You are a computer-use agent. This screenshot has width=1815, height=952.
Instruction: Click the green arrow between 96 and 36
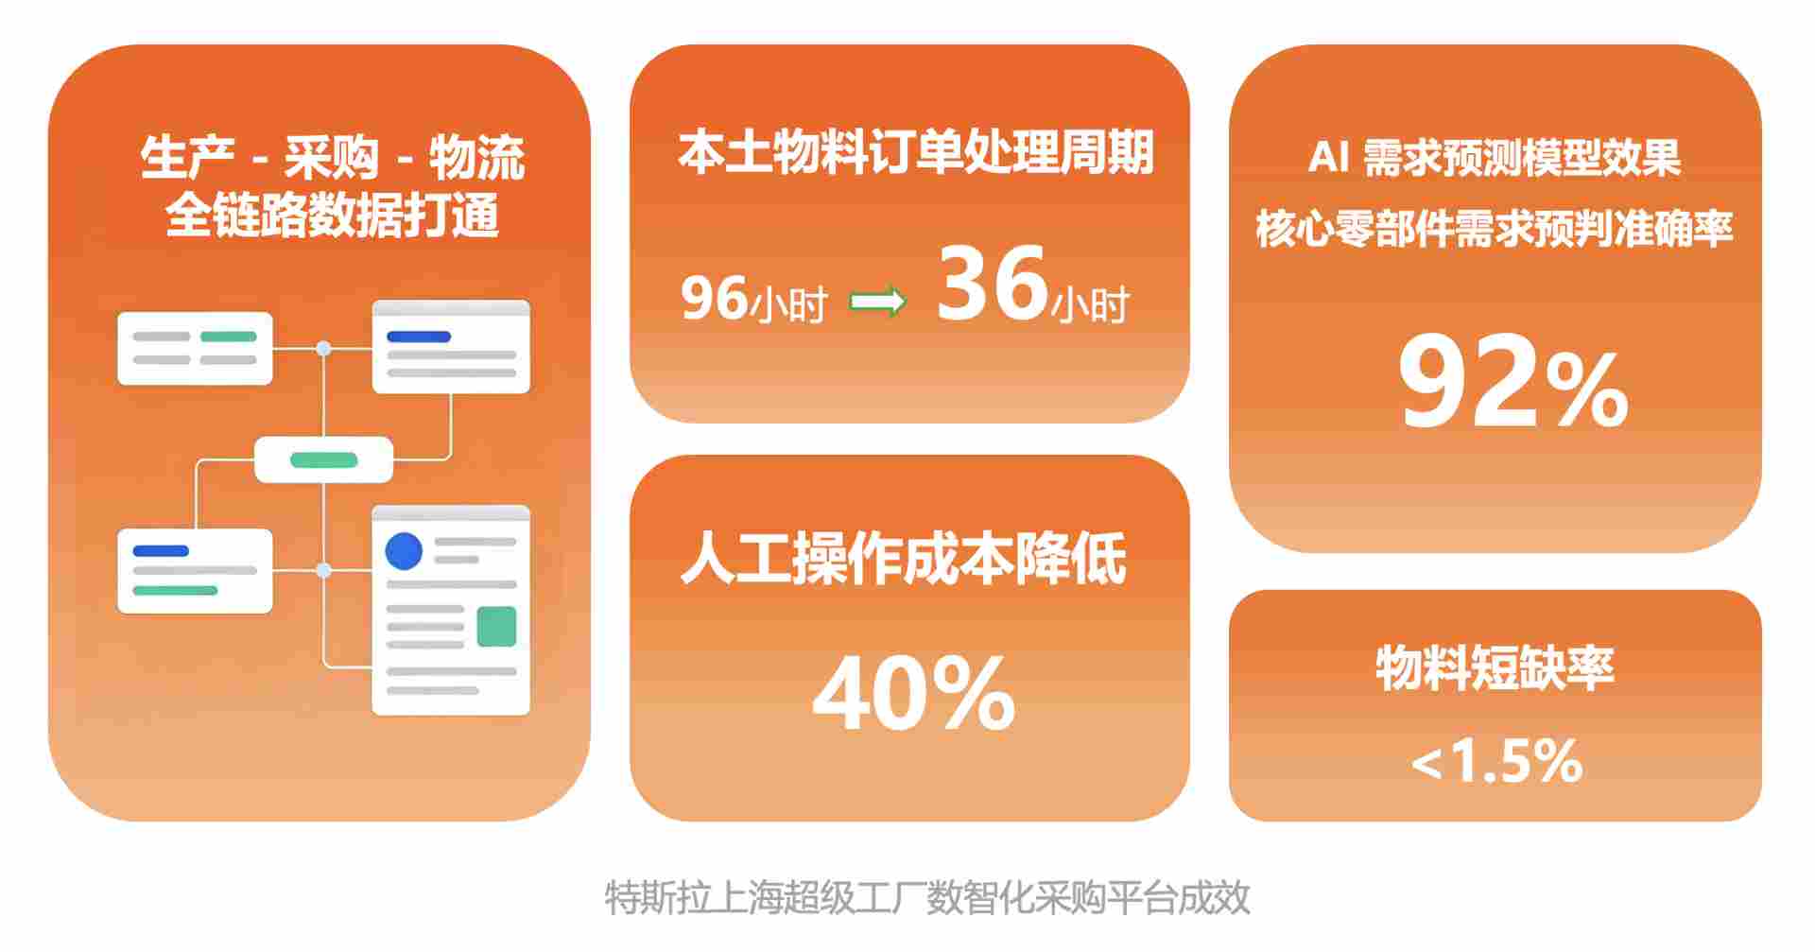pyautogui.click(x=878, y=303)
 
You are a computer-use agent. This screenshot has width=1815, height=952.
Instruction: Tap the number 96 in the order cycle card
pyautogui.click(x=715, y=298)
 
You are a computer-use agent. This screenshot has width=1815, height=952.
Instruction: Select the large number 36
pyautogui.click(x=993, y=283)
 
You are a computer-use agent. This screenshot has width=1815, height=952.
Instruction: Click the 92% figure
pyautogui.click(x=1512, y=384)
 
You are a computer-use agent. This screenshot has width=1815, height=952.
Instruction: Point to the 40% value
pyautogui.click(x=913, y=695)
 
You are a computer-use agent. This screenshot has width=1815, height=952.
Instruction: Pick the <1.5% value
pyautogui.click(x=1496, y=761)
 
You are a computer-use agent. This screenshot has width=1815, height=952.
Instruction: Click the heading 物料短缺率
pyautogui.click(x=1495, y=667)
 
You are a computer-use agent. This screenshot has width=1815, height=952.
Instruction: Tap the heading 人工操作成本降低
pyautogui.click(x=904, y=559)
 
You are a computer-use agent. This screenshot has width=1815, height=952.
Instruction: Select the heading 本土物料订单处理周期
pyautogui.click(x=915, y=152)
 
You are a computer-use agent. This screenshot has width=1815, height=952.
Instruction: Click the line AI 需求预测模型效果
pyautogui.click(x=1495, y=158)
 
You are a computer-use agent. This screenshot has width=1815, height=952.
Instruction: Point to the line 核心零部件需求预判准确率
pyautogui.click(x=1495, y=228)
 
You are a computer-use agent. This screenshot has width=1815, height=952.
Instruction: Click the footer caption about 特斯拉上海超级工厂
pyautogui.click(x=927, y=897)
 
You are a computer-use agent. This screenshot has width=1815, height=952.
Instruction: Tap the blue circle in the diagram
pyautogui.click(x=404, y=551)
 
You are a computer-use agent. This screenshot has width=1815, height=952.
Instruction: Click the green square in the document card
pyautogui.click(x=496, y=626)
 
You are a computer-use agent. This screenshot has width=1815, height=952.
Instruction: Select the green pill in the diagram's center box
pyautogui.click(x=323, y=460)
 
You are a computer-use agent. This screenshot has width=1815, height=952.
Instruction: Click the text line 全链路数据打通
pyautogui.click(x=332, y=216)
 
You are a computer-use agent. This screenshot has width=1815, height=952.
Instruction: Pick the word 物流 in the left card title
pyautogui.click(x=476, y=158)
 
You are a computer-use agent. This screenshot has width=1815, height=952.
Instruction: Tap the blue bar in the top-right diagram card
pyautogui.click(x=419, y=337)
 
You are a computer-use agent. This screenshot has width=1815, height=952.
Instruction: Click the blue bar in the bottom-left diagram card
pyautogui.click(x=161, y=550)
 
